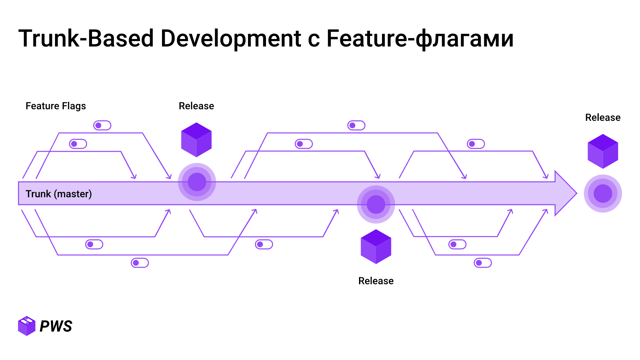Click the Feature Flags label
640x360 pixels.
tap(56, 106)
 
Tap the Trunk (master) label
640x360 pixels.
tap(59, 194)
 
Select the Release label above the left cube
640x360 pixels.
tap(196, 106)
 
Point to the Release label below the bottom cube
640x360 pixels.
tap(376, 281)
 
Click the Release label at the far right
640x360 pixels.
tap(603, 118)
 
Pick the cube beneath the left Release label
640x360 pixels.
tap(196, 140)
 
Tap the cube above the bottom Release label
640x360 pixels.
tap(376, 247)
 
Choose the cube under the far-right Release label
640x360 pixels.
tap(603, 151)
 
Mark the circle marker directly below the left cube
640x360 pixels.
tap(197, 182)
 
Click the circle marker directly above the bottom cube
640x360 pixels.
tap(376, 204)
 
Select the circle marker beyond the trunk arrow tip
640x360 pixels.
tap(603, 194)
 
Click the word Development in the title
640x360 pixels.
tap(231, 38)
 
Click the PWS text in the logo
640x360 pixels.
tap(56, 326)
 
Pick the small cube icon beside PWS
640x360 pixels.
tap(27, 326)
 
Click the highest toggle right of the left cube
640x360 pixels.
tap(356, 126)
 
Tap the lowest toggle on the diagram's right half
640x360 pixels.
tap(483, 263)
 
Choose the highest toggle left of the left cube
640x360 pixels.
tap(102, 126)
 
